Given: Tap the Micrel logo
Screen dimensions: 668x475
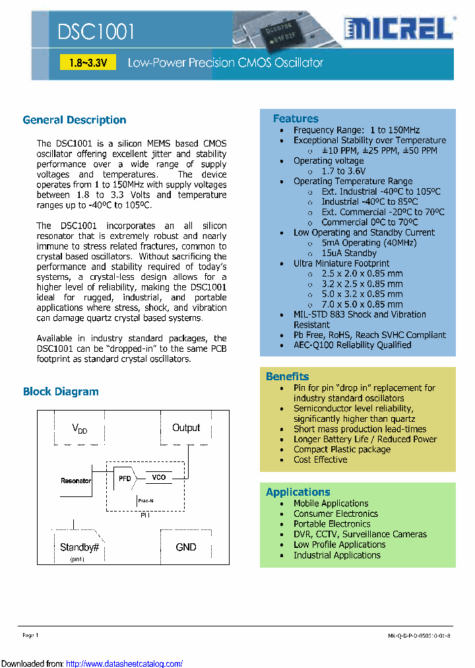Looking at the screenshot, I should pos(398,29).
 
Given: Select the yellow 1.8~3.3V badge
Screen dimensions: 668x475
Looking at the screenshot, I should pos(88,63).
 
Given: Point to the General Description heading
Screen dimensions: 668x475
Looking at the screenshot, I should pos(75,120).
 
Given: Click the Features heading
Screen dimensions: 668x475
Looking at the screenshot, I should pos(296,119).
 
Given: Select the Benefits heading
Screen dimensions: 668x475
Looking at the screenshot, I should pos(287,376).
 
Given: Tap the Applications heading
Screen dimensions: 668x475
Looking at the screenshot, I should pos(298,492).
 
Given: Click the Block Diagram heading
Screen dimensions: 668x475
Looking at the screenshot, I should pos(61,391).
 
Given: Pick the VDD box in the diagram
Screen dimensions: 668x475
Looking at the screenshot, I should pos(80,429).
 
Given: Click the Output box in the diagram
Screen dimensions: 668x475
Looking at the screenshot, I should pos(186,428).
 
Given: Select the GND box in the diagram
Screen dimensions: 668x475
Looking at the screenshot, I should pos(186,547).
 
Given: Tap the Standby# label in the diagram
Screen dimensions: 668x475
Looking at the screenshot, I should pos(79,547).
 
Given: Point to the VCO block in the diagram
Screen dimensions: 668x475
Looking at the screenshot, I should pos(159,477).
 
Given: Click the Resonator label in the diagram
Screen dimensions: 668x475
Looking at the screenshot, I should pos(75,481).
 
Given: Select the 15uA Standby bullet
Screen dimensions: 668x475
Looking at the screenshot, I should pos(349,253).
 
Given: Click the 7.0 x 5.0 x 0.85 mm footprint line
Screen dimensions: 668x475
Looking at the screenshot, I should pos(362,304).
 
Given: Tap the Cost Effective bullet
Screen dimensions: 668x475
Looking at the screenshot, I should pos(320,459).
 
